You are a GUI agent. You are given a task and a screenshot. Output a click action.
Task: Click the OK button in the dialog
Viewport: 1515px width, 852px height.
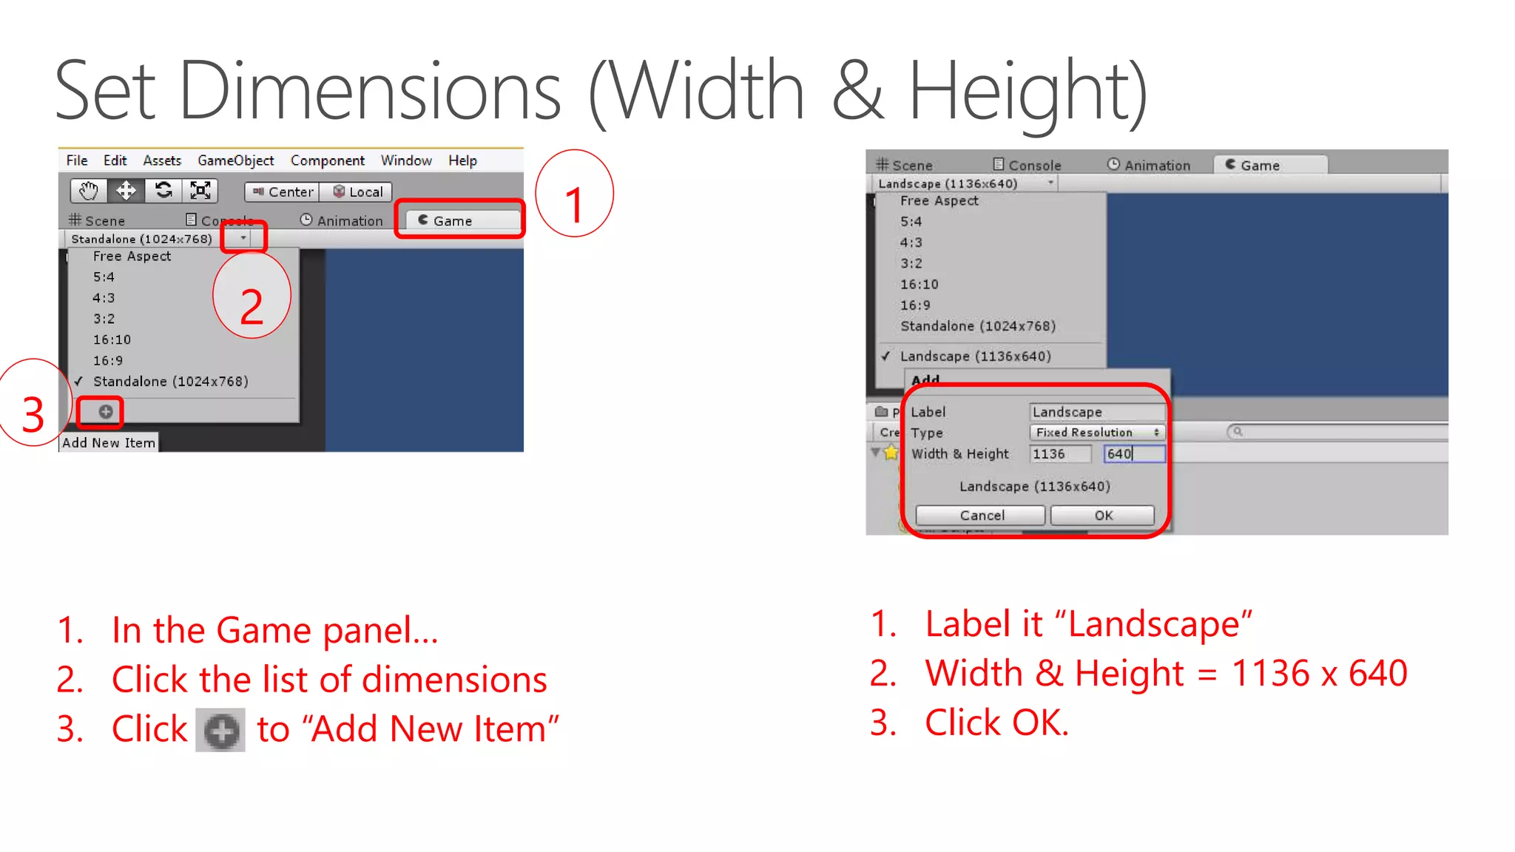pyautogui.click(x=1102, y=515)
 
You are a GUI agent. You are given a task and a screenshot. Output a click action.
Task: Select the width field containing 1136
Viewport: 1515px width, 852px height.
pyautogui.click(x=1059, y=454)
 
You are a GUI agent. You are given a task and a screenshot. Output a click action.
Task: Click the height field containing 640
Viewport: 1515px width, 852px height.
pyautogui.click(x=1133, y=454)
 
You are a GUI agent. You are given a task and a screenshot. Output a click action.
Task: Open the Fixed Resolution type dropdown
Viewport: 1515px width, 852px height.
pyautogui.click(x=1097, y=433)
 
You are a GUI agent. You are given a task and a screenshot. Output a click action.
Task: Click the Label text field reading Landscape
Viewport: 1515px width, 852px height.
pyautogui.click(x=1096, y=412)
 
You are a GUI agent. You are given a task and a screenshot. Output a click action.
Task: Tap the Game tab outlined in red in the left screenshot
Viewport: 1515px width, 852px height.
pyautogui.click(x=459, y=220)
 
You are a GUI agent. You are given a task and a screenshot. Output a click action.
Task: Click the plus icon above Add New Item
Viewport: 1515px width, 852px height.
pyautogui.click(x=106, y=412)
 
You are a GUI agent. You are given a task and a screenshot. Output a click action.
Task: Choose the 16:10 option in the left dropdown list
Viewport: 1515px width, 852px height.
pyautogui.click(x=112, y=340)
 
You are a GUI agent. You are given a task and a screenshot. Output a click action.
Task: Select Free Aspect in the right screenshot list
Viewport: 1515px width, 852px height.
pyautogui.click(x=939, y=201)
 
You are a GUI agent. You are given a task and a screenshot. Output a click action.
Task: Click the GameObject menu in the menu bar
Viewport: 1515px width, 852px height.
pyautogui.click(x=235, y=160)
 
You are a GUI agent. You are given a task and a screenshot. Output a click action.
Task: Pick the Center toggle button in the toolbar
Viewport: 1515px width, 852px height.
pyautogui.click(x=283, y=192)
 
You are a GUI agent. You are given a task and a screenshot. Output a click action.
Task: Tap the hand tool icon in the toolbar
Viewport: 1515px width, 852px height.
pyautogui.click(x=89, y=192)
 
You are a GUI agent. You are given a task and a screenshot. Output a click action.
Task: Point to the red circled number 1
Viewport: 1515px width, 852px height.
pyautogui.click(x=574, y=195)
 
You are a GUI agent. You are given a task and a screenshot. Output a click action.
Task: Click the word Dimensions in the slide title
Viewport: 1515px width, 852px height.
pyautogui.click(x=369, y=92)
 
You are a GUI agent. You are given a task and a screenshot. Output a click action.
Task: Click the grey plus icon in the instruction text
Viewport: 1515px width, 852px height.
pyautogui.click(x=220, y=731)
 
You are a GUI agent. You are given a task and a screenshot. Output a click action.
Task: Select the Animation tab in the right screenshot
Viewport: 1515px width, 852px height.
pyautogui.click(x=1149, y=166)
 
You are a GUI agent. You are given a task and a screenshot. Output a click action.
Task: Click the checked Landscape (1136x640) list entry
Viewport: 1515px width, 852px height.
pyautogui.click(x=975, y=356)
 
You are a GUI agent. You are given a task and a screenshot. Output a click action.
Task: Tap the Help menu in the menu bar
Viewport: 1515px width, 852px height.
pyautogui.click(x=462, y=160)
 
